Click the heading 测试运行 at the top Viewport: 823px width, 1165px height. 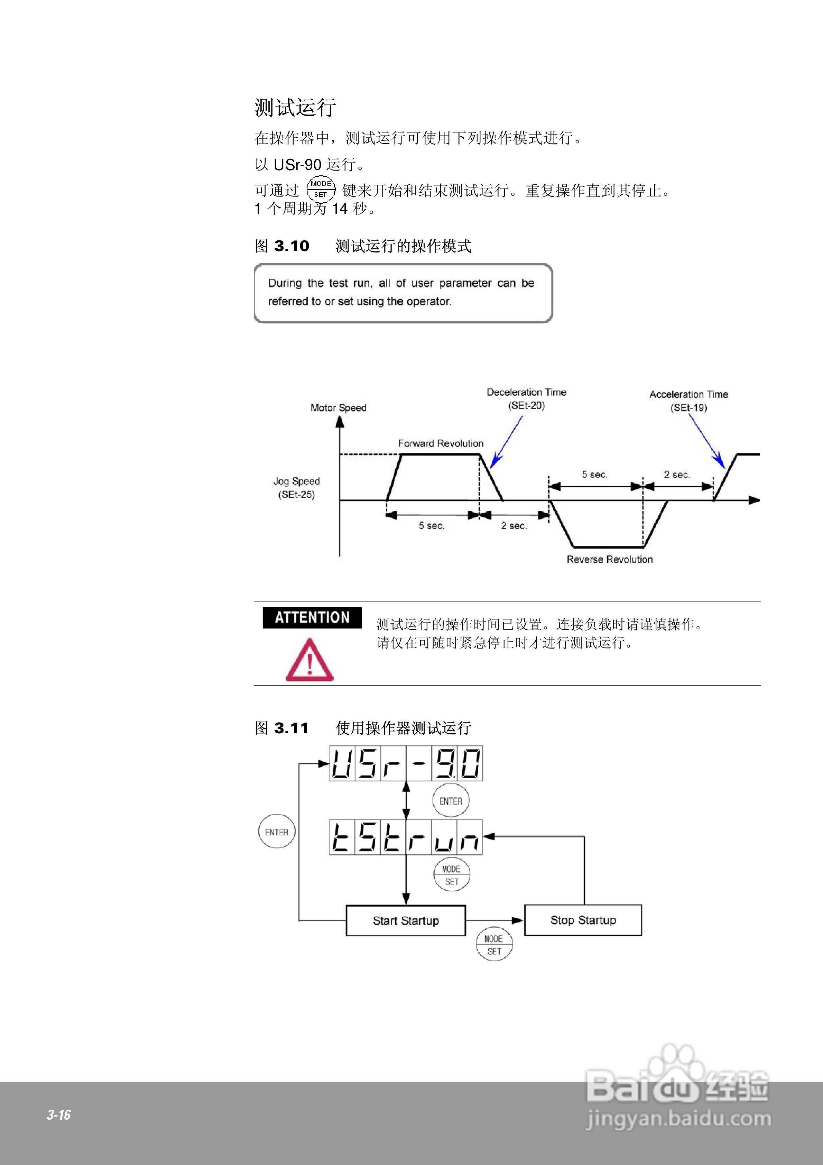coord(295,108)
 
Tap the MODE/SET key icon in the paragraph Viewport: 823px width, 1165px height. coord(321,189)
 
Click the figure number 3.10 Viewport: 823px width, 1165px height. coord(292,246)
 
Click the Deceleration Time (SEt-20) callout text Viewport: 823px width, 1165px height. coord(526,399)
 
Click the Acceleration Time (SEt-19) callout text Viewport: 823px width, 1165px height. coord(688,401)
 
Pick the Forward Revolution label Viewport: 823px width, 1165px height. coord(441,443)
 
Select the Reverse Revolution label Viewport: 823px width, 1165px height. coord(609,559)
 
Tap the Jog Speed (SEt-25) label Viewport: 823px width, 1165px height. coord(296,488)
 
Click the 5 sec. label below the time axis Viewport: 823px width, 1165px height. coord(431,526)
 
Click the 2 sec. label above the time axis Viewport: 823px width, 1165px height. coord(677,475)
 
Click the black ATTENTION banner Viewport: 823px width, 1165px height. coord(312,617)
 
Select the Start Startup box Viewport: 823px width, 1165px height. coord(405,920)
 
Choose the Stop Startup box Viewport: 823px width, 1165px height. coord(583,920)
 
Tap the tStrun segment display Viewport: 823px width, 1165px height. coord(406,837)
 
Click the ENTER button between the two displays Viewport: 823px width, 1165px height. coord(451,801)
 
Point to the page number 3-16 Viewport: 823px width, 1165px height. coord(59,1115)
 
